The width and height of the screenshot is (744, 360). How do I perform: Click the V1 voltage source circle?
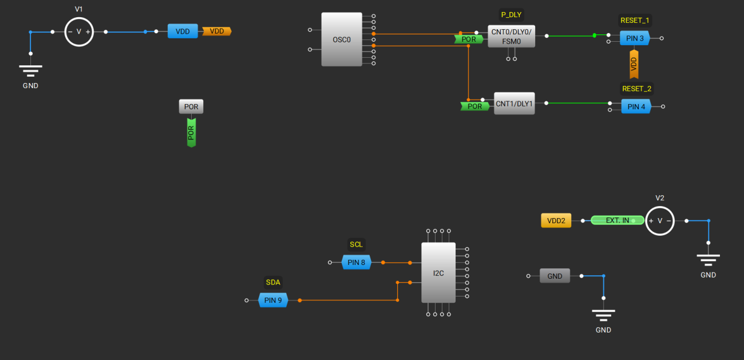(x=79, y=32)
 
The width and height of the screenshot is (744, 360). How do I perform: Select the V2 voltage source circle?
(x=660, y=220)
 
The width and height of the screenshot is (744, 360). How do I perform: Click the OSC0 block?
(x=342, y=39)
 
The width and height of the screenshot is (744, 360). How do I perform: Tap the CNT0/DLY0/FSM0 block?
(x=511, y=36)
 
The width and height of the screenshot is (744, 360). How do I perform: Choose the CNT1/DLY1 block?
(x=514, y=104)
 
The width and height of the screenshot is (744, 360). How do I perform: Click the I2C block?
(x=438, y=273)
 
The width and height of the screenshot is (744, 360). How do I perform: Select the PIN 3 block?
(x=635, y=38)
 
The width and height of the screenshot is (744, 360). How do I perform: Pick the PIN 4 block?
(x=636, y=106)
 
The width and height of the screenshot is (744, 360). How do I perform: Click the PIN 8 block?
(x=356, y=263)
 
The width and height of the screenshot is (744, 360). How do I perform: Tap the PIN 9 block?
(x=273, y=300)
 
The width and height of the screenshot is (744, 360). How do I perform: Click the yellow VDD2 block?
(x=556, y=220)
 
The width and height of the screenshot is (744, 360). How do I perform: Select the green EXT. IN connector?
(x=617, y=220)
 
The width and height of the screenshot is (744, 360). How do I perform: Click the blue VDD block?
(x=183, y=31)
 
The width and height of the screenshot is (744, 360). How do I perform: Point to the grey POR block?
(x=191, y=107)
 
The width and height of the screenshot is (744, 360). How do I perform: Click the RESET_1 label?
(x=635, y=21)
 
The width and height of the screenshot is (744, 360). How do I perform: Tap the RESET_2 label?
(x=636, y=89)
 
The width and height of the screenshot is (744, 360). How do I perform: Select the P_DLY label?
(x=511, y=15)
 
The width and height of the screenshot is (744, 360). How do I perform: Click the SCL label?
(x=356, y=244)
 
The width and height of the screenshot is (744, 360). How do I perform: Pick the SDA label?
(x=273, y=282)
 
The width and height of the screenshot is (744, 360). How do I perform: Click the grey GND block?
(x=555, y=276)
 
